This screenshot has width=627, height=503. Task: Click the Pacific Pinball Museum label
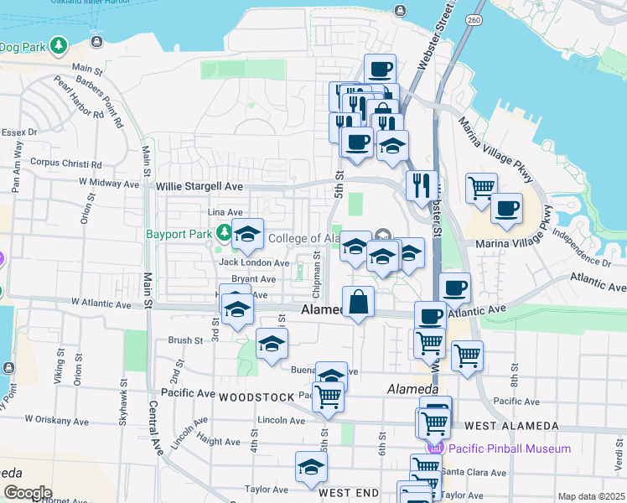pos(509,449)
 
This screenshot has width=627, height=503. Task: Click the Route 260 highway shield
pos(474,19)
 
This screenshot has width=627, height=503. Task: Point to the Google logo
pos(27,493)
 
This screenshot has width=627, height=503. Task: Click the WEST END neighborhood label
pos(349,493)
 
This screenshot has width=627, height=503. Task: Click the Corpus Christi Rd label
pos(65,164)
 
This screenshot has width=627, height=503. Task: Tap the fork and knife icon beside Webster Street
pos(422,184)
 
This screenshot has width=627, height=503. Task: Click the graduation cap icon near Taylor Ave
pos(311,467)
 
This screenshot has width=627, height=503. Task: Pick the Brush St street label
pos(185,340)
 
